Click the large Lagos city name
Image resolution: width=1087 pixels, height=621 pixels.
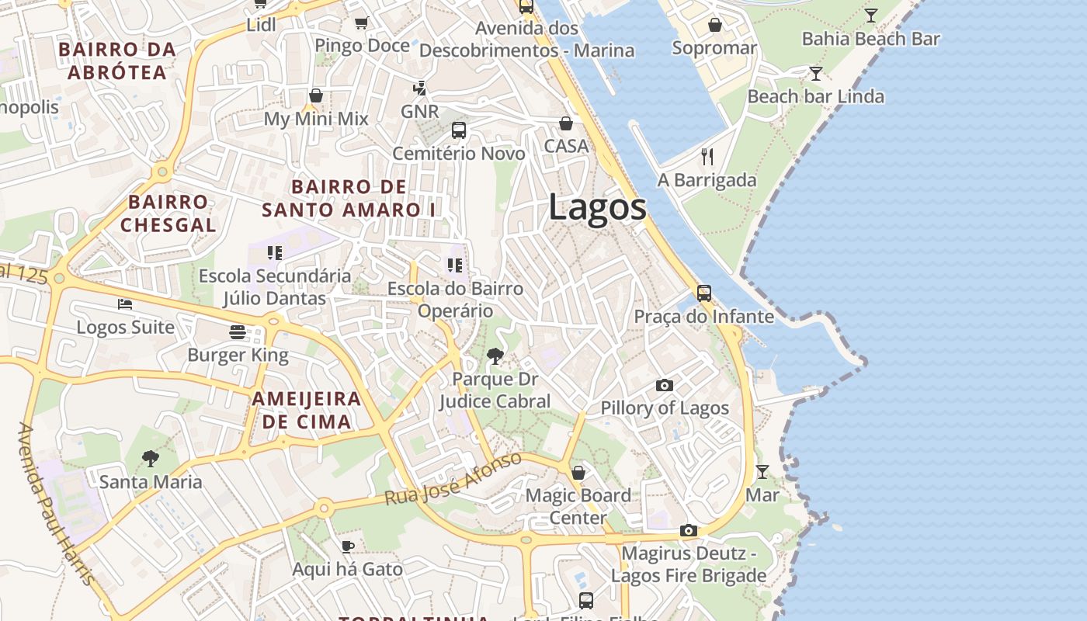597,207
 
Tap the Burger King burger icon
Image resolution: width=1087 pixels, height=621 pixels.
238,332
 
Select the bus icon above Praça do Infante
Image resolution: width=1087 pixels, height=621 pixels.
704,293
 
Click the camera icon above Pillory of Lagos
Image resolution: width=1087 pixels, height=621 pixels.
665,385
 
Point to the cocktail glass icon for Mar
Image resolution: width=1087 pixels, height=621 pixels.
762,471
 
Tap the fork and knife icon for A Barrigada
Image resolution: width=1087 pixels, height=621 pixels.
707,157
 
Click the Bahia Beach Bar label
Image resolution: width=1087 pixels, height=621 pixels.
870,39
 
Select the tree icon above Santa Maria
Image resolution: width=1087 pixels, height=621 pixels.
151,459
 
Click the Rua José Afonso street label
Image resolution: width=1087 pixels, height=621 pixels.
453,478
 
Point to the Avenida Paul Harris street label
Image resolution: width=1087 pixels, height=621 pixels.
57,505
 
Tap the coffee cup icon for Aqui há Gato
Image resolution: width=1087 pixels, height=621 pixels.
348,546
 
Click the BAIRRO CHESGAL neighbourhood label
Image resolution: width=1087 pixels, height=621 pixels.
168,213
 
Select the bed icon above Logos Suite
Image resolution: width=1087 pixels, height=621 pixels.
125,304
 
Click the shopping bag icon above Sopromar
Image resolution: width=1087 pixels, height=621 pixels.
715,26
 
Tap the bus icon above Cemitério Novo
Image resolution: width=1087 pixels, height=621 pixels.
459,130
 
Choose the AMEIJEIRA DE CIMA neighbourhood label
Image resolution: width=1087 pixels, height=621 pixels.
307,410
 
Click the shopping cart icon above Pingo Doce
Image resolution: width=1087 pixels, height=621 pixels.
361,23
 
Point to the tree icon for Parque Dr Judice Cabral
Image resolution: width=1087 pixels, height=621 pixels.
495,356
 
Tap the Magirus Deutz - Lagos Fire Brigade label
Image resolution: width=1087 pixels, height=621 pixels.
689,565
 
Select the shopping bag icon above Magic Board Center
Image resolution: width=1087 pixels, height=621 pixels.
578,472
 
